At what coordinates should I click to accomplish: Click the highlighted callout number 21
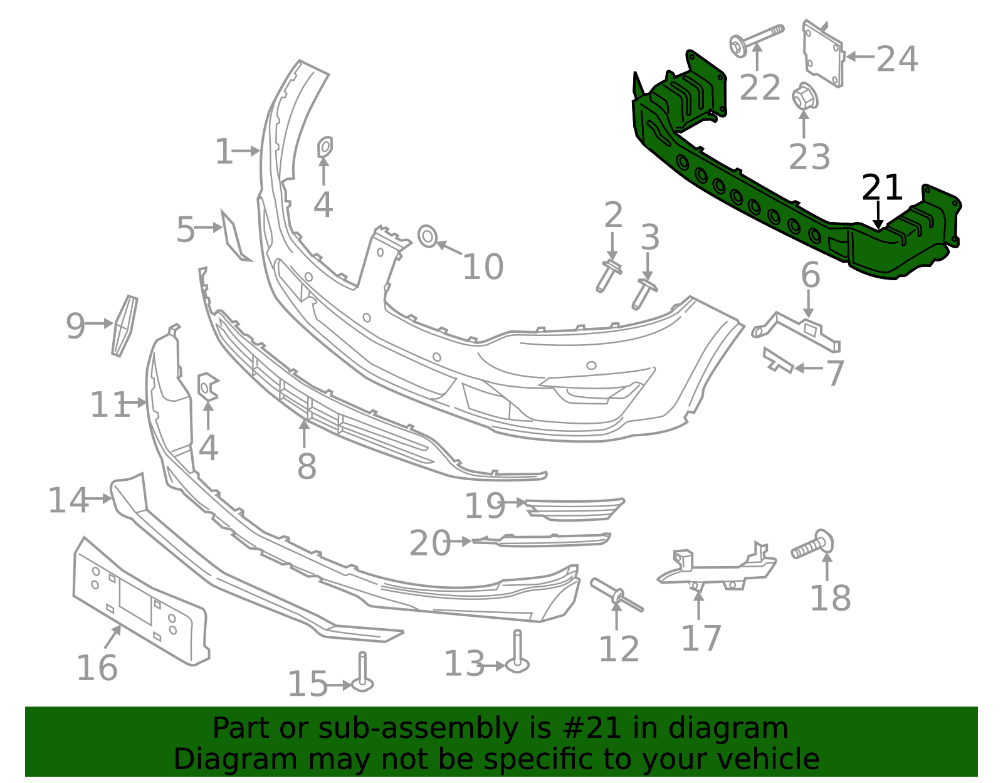pos(882,187)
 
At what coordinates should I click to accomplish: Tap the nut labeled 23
pos(804,98)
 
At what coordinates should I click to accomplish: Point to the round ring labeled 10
pos(427,236)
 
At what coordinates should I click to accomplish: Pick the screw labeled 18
pos(813,545)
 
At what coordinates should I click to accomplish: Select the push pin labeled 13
pos(517,656)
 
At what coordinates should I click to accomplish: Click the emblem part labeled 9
pos(125,326)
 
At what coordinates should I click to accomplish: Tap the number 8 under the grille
pos(307,466)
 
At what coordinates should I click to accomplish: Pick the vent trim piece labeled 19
pos(574,508)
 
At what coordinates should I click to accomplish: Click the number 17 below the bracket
pos(701,638)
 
